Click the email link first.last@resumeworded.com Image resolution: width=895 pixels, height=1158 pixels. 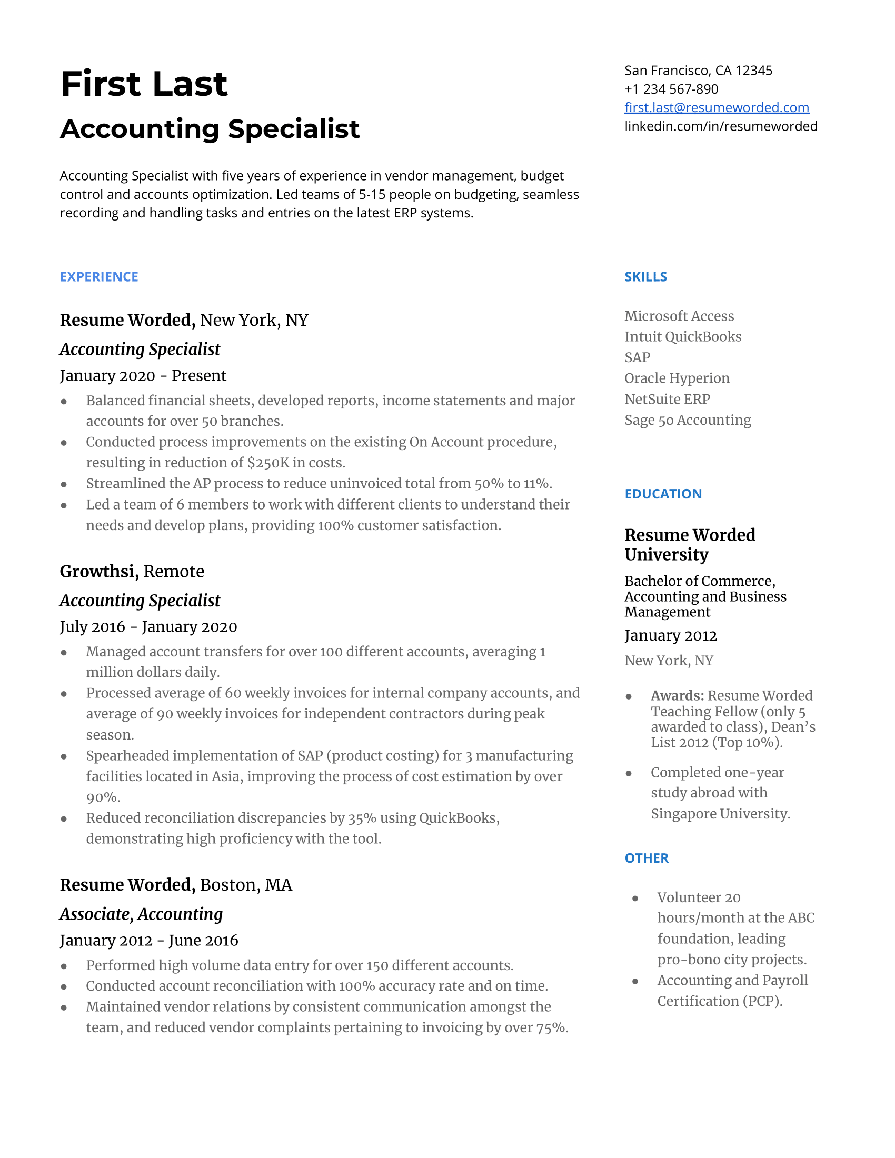tap(717, 107)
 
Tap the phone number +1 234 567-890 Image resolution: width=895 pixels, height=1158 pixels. tap(671, 89)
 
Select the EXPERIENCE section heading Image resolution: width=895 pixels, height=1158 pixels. tap(98, 277)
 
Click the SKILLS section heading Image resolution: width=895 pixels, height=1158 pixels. tap(645, 277)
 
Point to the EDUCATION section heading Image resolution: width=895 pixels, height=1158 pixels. tap(663, 494)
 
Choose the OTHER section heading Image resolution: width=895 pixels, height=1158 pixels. tap(647, 858)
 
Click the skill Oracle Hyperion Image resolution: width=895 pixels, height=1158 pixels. tap(677, 378)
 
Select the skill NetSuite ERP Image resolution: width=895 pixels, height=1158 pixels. tap(667, 399)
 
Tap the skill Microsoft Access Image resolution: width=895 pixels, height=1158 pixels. tap(679, 316)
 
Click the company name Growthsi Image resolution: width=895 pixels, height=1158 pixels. tap(98, 571)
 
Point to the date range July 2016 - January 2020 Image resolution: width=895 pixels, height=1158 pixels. tap(148, 627)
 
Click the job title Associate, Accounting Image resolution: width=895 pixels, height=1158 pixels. tap(141, 914)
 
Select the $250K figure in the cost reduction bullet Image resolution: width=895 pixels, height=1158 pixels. tap(268, 463)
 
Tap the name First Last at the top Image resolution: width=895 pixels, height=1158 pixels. tap(144, 84)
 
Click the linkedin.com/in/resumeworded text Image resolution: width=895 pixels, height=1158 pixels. tap(721, 126)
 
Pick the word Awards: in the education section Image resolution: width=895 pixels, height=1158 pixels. tap(677, 695)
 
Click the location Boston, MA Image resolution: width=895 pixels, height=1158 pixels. tap(246, 885)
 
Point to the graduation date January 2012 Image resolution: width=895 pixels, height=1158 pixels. tap(670, 635)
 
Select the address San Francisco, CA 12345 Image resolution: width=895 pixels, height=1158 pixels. tap(698, 71)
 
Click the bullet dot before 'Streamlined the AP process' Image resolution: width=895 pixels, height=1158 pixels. tap(64, 484)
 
